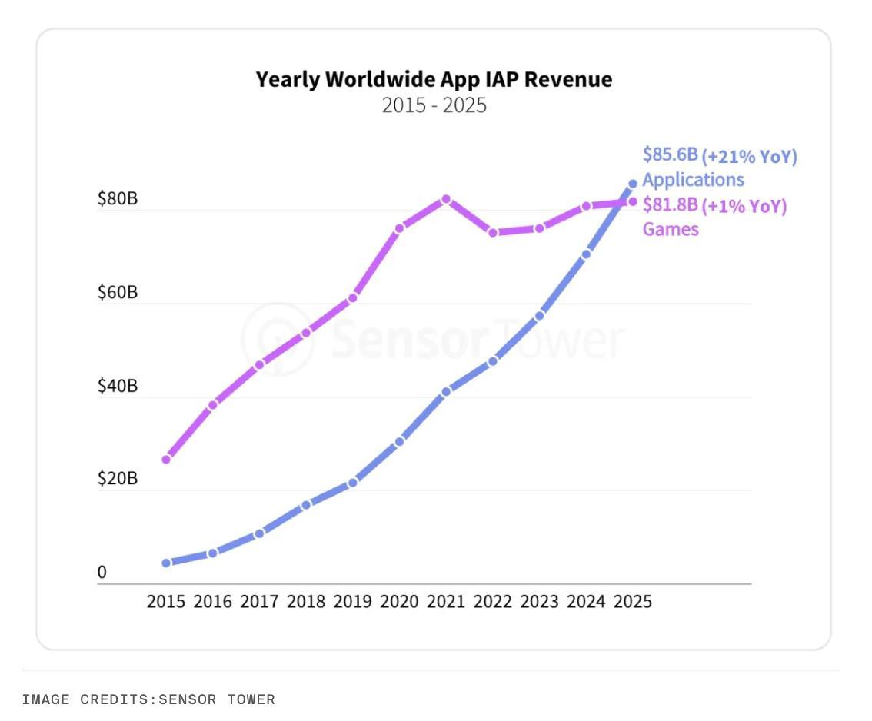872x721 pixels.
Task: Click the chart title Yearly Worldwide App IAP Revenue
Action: point(434,79)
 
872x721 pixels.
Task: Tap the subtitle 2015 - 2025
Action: point(434,105)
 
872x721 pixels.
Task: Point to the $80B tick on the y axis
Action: point(117,199)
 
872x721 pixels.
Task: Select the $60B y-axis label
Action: point(117,292)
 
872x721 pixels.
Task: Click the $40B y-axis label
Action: point(117,386)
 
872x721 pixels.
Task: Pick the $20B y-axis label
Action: point(117,479)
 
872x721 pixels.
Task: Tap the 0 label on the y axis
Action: point(102,573)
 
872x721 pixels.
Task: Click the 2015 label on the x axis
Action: point(166,601)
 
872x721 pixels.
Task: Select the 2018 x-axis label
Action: point(306,601)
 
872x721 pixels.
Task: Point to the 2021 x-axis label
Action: point(446,601)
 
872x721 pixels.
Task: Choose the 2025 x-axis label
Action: point(632,601)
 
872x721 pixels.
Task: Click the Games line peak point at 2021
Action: point(446,199)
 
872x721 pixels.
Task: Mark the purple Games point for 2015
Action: point(166,460)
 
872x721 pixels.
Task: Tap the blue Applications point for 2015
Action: point(166,563)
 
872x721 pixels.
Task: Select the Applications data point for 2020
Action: point(400,441)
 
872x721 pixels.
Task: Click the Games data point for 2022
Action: point(493,232)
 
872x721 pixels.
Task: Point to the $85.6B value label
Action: point(670,155)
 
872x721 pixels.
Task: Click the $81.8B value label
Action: point(670,205)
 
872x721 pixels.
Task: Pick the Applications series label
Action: point(693,180)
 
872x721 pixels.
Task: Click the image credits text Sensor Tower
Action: point(216,699)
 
